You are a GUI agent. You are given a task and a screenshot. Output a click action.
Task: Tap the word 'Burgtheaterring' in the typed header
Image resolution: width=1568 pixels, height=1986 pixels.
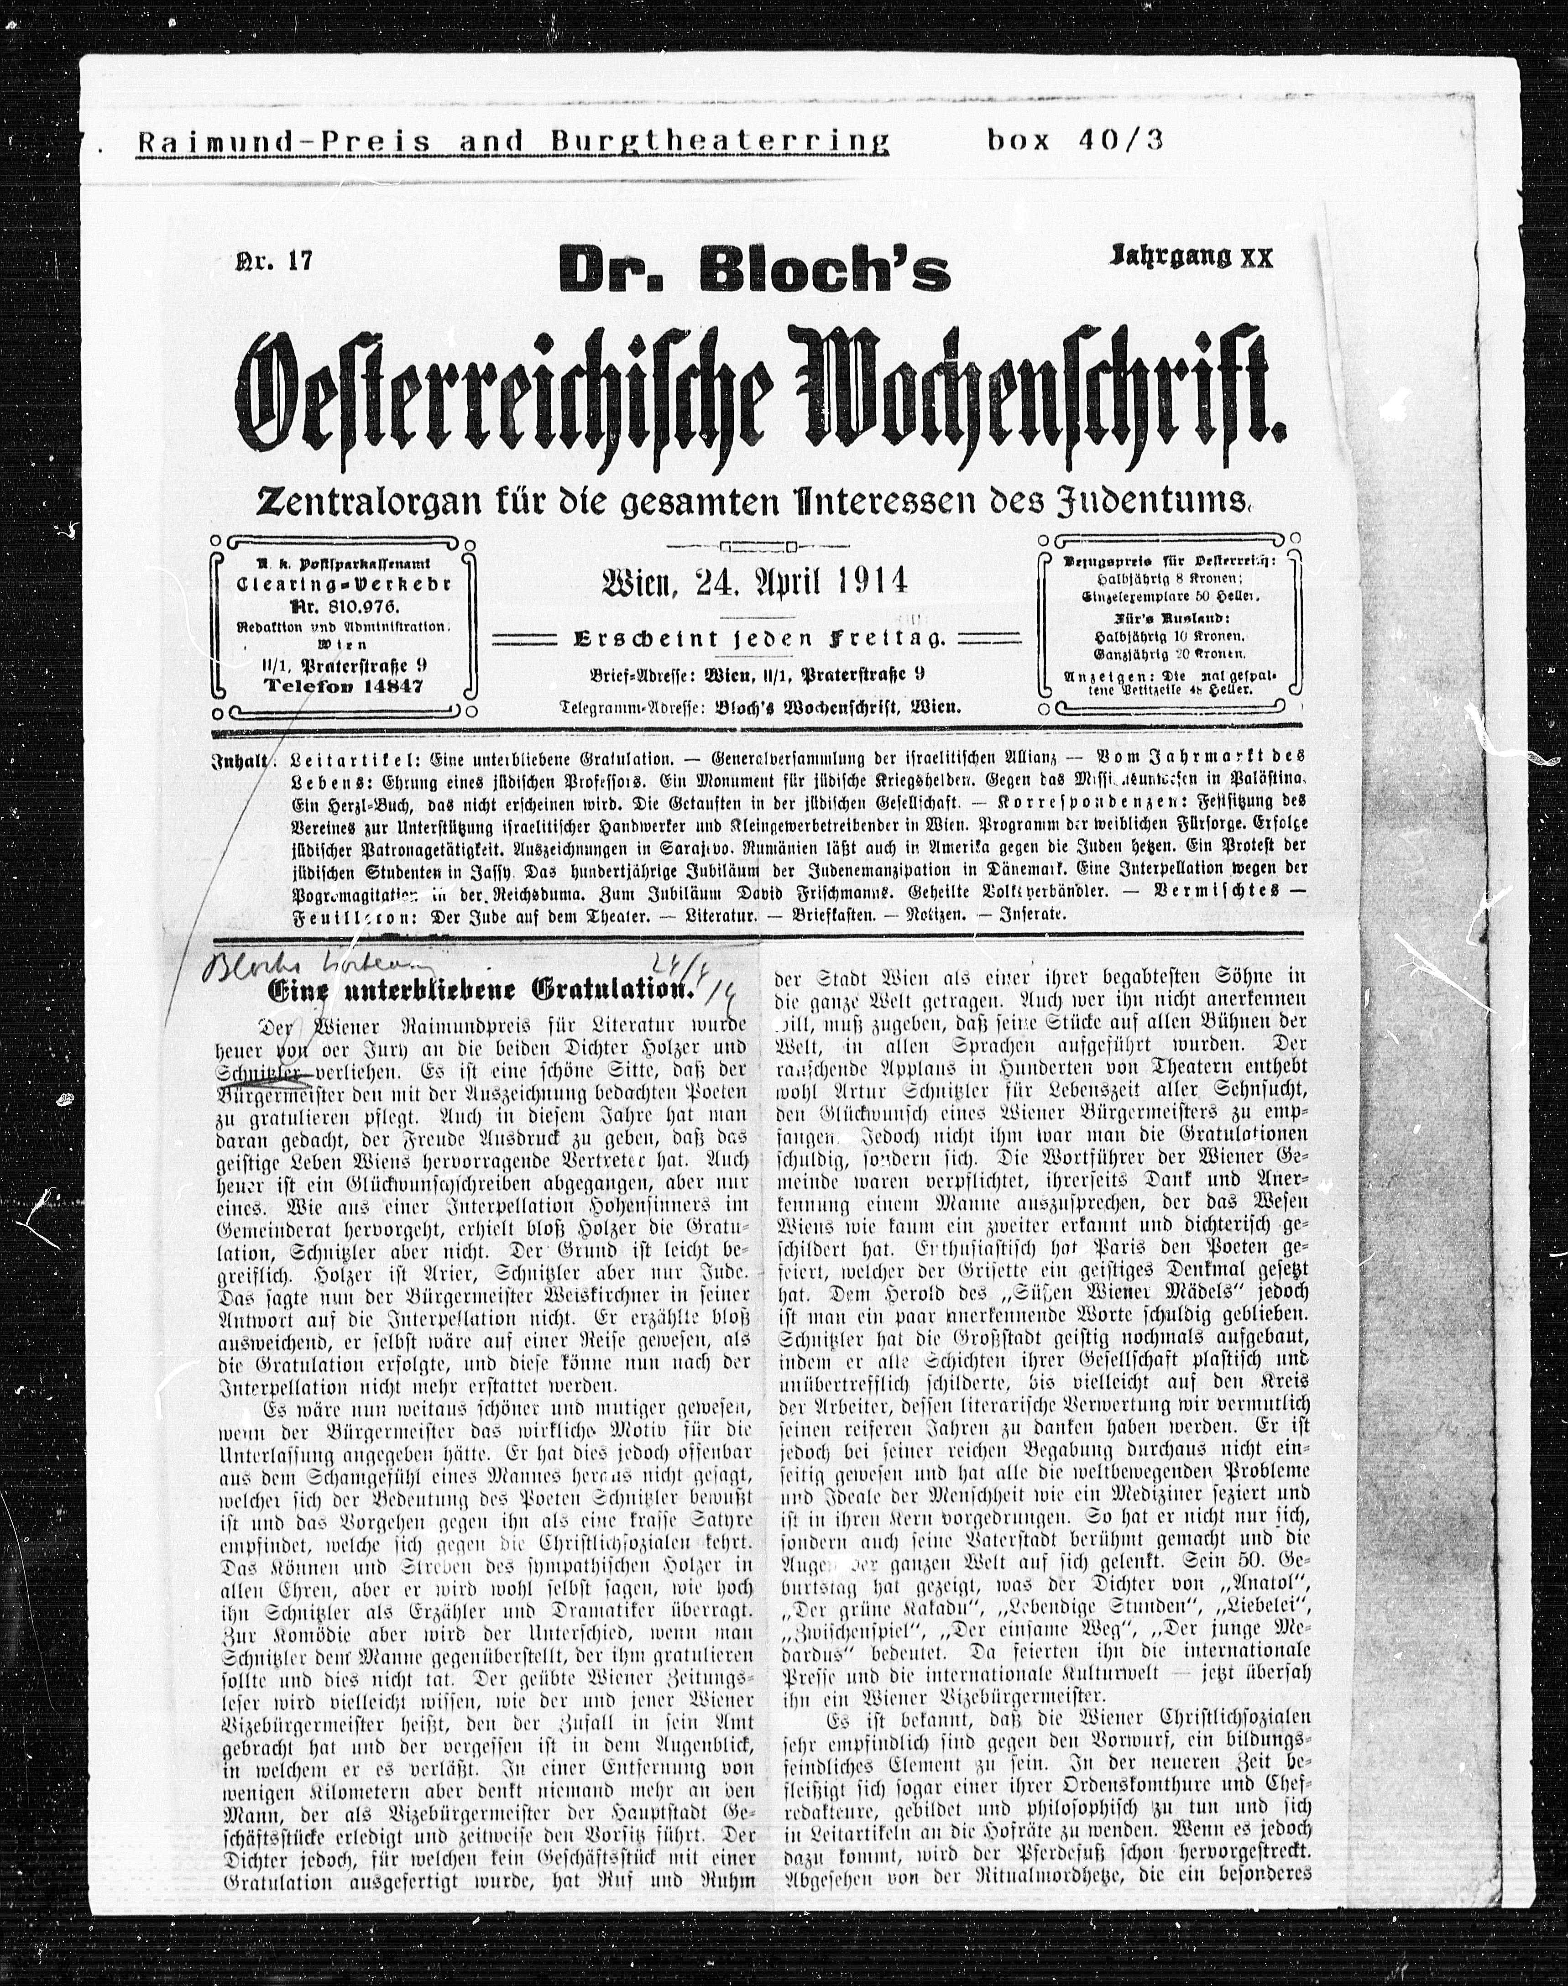click(x=720, y=141)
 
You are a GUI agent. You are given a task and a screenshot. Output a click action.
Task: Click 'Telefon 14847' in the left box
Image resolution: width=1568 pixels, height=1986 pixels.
click(x=343, y=686)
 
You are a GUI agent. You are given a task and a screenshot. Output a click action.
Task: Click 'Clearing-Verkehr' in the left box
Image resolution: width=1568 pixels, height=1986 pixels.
click(x=343, y=585)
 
